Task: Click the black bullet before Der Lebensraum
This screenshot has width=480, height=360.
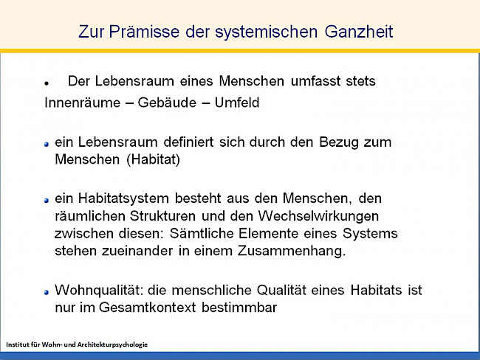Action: [46, 83]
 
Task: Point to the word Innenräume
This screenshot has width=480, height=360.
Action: [80, 103]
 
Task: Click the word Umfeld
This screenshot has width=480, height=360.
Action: [236, 103]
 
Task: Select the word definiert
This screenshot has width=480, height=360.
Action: [176, 141]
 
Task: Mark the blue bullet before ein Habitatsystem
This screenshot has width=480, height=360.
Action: [46, 199]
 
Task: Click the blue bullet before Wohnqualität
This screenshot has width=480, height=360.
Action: [46, 291]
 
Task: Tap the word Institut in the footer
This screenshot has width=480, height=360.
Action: [17, 345]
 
